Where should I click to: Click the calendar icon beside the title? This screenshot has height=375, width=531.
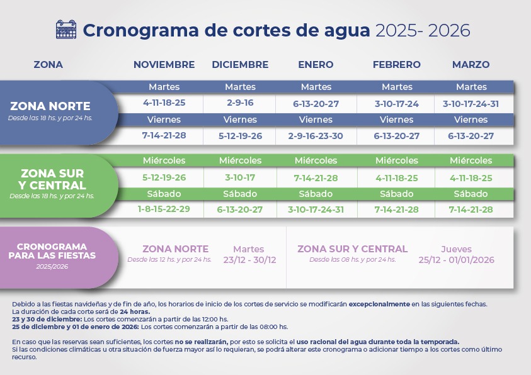(x=66, y=30)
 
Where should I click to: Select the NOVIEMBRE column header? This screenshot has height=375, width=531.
(x=164, y=65)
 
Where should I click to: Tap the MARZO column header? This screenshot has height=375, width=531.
(x=471, y=65)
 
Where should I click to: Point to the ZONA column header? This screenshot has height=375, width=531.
(x=48, y=65)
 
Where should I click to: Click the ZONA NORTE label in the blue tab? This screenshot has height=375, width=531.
(x=50, y=106)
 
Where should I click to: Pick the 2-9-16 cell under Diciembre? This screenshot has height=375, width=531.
(x=240, y=103)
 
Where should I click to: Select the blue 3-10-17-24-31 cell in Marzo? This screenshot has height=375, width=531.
(x=471, y=103)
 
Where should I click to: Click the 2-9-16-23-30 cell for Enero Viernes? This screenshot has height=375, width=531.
(x=316, y=135)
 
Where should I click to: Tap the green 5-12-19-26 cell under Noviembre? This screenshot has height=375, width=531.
(x=164, y=178)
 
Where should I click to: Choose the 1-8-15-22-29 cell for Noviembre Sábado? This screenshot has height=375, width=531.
(x=164, y=210)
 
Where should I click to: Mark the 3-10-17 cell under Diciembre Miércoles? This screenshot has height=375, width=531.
(x=240, y=178)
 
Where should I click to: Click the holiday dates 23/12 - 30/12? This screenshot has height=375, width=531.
(x=249, y=260)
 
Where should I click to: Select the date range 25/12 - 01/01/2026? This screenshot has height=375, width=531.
(x=457, y=260)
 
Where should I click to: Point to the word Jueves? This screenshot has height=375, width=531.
(x=456, y=249)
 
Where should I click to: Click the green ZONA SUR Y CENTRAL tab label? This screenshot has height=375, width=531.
(x=52, y=179)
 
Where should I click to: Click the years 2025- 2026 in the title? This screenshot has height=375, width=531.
(x=422, y=30)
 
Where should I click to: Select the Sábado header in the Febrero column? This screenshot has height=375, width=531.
(x=397, y=194)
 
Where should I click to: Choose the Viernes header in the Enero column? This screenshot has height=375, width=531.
(x=316, y=120)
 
